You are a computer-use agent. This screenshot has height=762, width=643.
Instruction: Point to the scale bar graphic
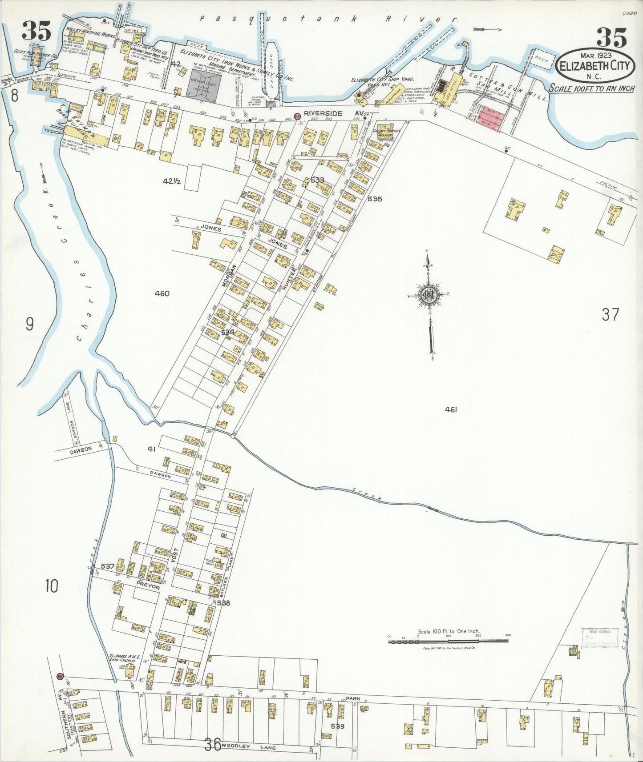[x=449, y=642]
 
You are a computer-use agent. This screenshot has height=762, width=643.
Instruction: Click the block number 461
[x=451, y=409]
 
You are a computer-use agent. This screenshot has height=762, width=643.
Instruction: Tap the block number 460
[x=162, y=293]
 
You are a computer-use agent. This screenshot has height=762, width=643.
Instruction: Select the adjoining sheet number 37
[x=610, y=315]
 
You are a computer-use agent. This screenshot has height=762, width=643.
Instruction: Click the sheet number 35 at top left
[x=37, y=32]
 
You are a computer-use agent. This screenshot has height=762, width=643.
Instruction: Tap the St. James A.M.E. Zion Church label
[x=122, y=658]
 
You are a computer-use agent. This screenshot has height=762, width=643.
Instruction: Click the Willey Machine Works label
[x=91, y=35]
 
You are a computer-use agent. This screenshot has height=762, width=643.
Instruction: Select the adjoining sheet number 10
[x=51, y=587]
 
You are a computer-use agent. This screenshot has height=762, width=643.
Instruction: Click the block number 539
[x=339, y=726]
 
